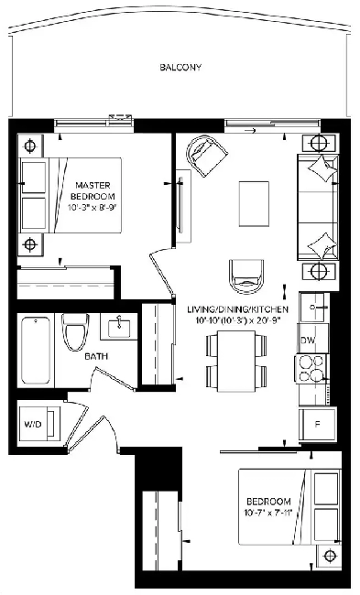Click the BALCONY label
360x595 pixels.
click(x=180, y=69)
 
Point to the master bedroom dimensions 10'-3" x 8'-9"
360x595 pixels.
click(x=94, y=207)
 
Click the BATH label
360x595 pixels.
click(x=94, y=358)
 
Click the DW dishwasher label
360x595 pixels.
click(x=309, y=340)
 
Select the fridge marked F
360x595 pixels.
click(x=314, y=422)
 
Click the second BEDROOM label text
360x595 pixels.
click(x=268, y=502)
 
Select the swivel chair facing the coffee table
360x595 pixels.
click(x=245, y=272)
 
